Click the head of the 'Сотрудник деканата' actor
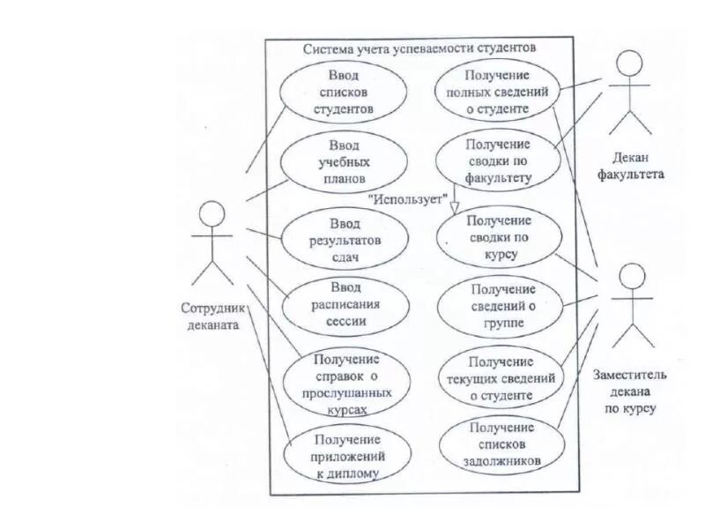point(211,215)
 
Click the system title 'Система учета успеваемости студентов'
point(420,49)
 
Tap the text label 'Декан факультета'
point(630,166)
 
